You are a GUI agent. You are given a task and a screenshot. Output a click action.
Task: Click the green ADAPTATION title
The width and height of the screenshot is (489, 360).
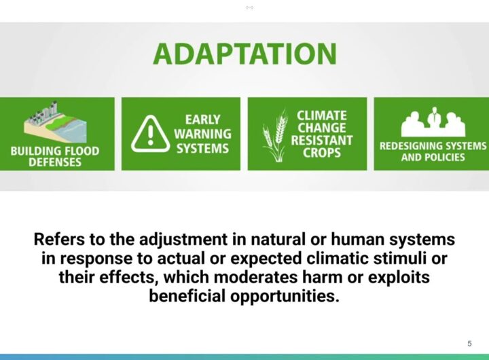point(244,54)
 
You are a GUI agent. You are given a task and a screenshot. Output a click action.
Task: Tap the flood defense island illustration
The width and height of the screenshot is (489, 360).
point(56,123)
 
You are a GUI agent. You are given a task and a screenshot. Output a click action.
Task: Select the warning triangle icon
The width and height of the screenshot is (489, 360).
point(151,134)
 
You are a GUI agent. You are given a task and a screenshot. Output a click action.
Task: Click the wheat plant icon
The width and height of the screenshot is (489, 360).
point(275,135)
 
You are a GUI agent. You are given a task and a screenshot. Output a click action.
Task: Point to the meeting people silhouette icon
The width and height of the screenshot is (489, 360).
point(433,122)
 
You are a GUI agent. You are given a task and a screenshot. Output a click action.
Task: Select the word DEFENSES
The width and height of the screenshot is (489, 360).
point(55,162)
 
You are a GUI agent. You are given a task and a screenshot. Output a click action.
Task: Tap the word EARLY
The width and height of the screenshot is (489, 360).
point(202,120)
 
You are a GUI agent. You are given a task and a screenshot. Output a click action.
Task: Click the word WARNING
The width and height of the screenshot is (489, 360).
point(202,134)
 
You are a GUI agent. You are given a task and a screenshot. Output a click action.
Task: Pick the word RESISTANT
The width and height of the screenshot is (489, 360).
point(322,141)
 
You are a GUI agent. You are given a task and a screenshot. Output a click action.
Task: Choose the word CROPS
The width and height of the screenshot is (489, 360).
point(322,153)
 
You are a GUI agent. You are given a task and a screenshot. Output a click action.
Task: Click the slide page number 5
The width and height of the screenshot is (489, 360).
point(469,344)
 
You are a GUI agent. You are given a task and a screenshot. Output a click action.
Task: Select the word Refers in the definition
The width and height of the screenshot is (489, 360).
point(59,239)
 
